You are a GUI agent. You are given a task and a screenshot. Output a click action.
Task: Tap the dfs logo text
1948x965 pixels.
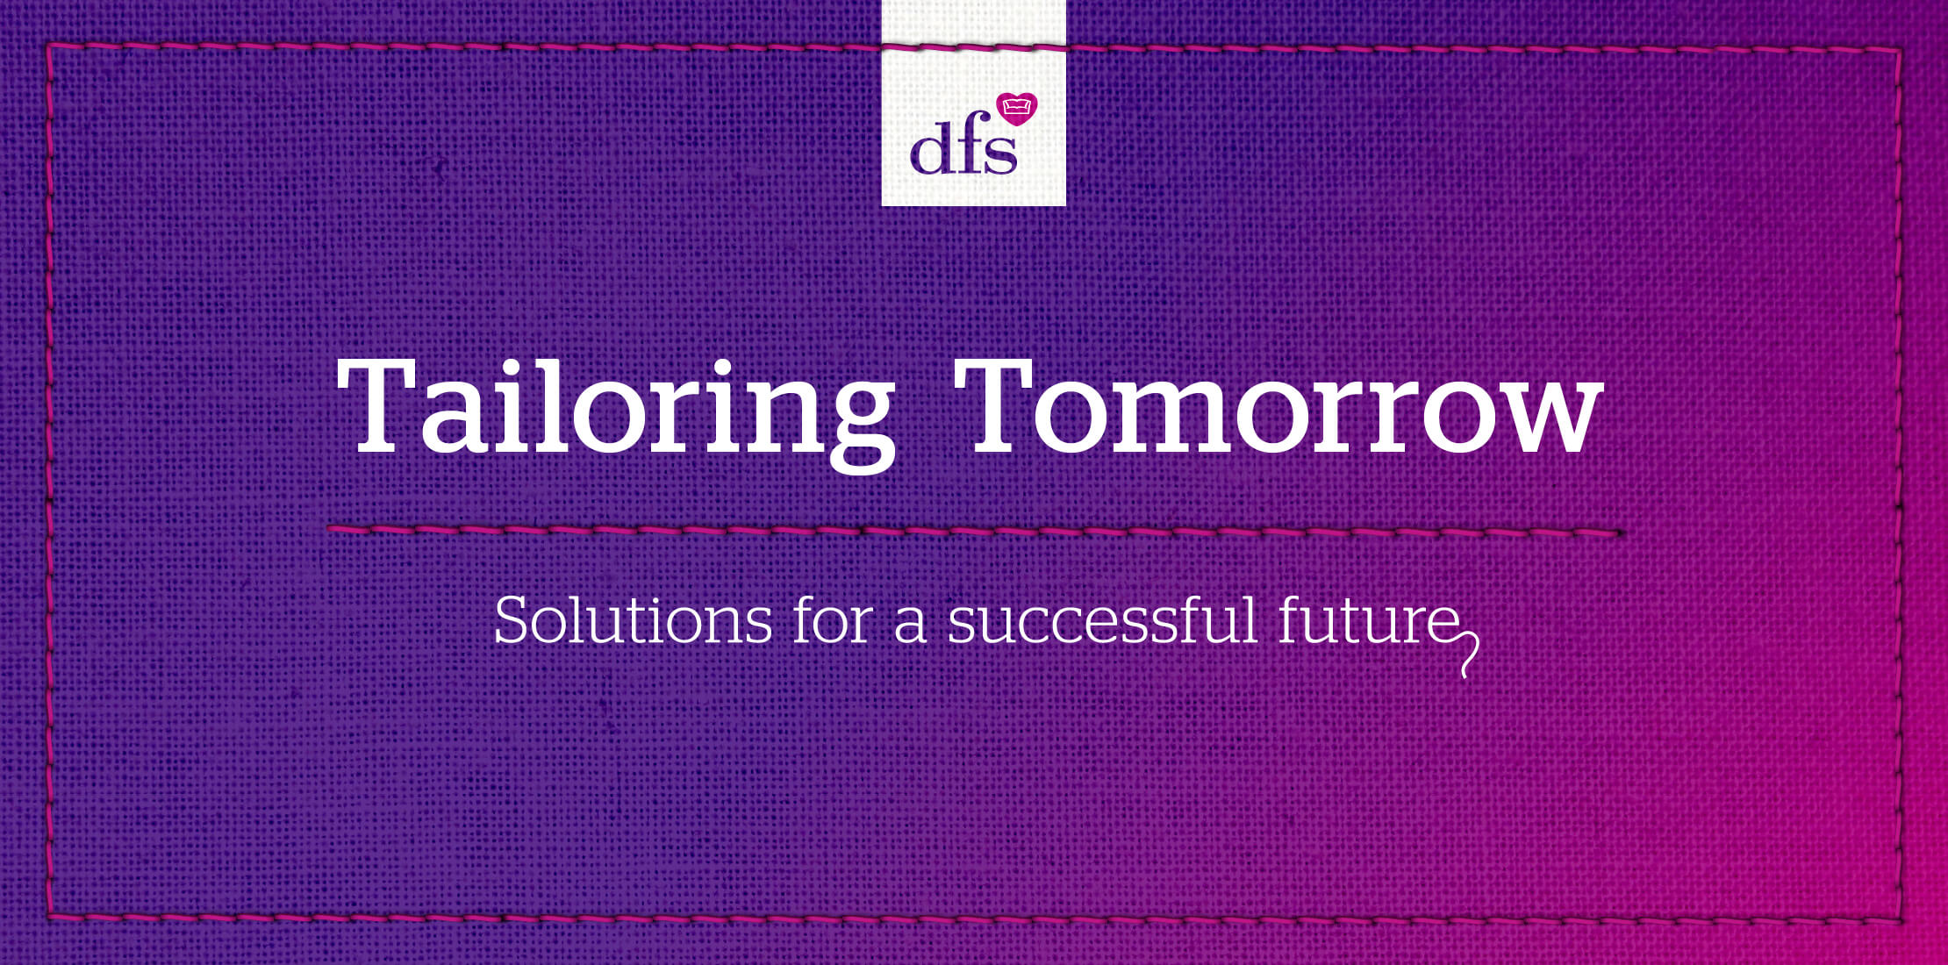(963, 149)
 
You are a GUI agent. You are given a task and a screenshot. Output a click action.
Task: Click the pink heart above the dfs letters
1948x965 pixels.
(1018, 109)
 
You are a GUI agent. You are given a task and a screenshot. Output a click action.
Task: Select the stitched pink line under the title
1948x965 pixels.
(975, 531)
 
